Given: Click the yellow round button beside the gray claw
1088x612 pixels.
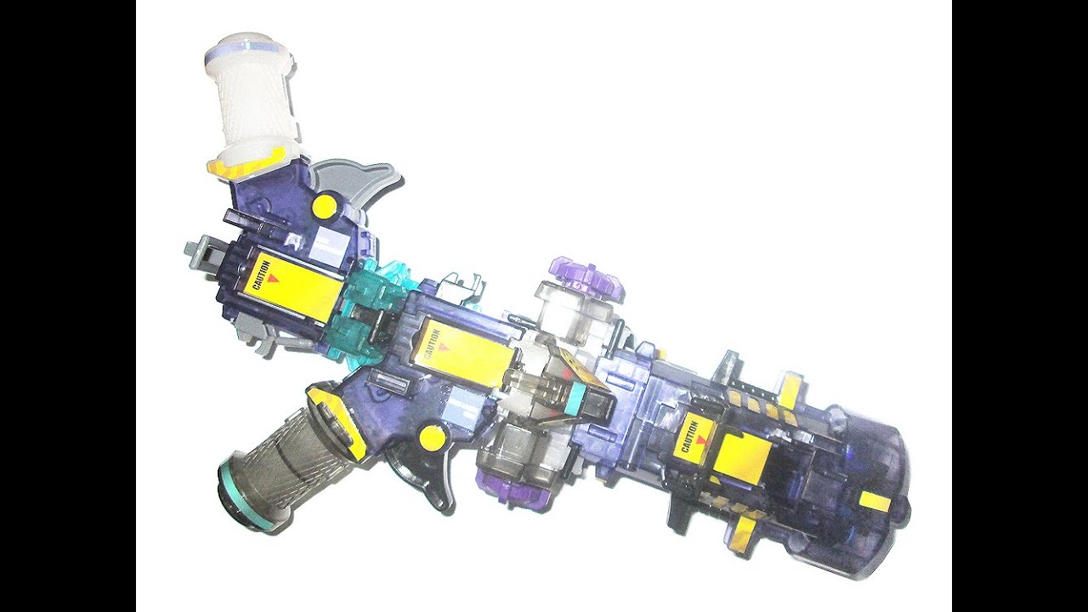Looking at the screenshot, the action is point(326,207).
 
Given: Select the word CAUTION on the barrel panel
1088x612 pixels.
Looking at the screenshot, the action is point(689,437).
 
